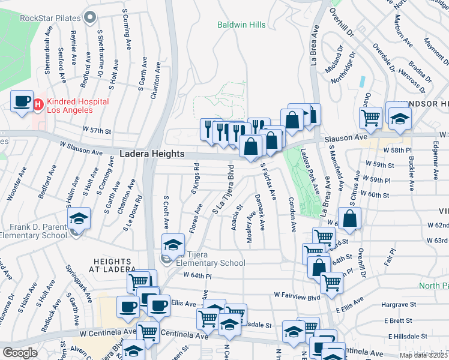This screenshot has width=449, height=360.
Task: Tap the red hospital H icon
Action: coord(38,106)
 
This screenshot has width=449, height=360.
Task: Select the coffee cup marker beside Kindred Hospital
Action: coord(22,102)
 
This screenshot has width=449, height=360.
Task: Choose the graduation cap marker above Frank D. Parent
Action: coord(78,218)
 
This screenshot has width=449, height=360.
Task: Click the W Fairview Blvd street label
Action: coord(297,295)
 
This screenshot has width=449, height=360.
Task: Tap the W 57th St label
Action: coord(97,130)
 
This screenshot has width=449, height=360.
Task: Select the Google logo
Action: coord(20,353)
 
